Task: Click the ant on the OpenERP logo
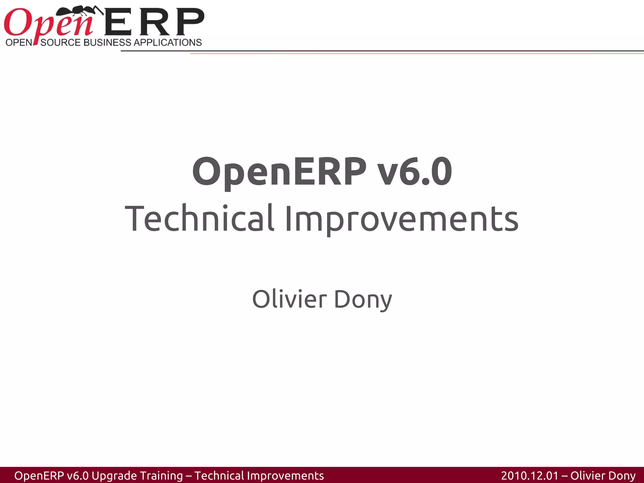click(x=80, y=12)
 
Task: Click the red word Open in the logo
click(x=47, y=24)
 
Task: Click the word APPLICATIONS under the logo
click(x=168, y=42)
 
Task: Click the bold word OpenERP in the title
click(x=279, y=172)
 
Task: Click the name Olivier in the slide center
click(x=289, y=299)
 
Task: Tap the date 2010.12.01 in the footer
click(x=530, y=475)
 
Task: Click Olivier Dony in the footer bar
click(x=603, y=475)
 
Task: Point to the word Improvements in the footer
click(x=286, y=475)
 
